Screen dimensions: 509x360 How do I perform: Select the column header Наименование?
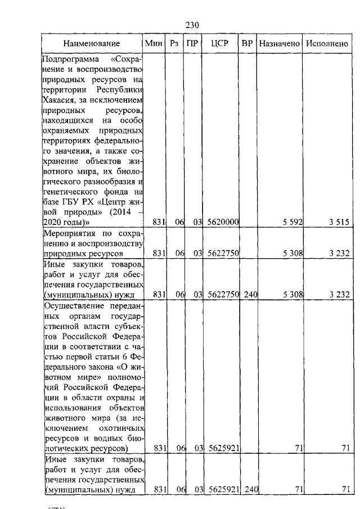click(92, 43)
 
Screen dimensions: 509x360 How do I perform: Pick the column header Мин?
click(153, 43)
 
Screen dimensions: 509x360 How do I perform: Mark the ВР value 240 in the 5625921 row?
click(250, 490)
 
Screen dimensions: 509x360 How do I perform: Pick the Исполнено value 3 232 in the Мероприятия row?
click(339, 254)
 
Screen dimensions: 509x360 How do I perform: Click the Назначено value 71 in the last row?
click(298, 490)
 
